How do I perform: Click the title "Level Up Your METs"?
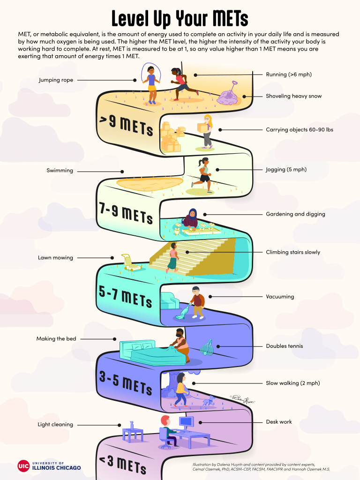[x=180, y=18]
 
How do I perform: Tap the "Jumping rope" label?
[x=56, y=80]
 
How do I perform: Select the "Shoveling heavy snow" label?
[x=293, y=96]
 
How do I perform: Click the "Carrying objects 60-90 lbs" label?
[x=299, y=129]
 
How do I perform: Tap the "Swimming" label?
[x=60, y=171]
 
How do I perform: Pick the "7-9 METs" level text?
[x=126, y=213]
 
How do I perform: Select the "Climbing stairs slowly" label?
[x=293, y=252]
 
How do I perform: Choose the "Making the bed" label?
[x=56, y=338]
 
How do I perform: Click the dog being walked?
[x=209, y=401]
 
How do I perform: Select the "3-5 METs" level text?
[x=126, y=382]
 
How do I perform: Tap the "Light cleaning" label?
[x=55, y=425]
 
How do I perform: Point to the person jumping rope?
[x=151, y=83]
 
